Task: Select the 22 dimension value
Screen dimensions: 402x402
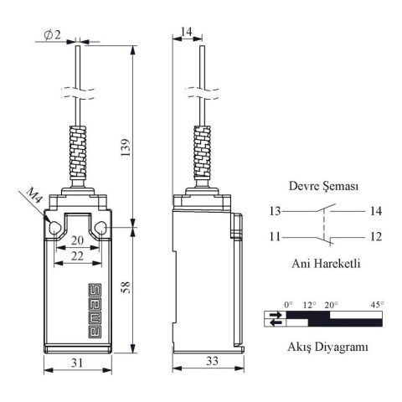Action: [x=78, y=255]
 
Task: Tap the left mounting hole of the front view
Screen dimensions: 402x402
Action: [x=54, y=228]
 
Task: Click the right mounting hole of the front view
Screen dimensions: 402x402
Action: [x=102, y=228]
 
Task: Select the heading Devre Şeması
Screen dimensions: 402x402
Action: [x=323, y=188]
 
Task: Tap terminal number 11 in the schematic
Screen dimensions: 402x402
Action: [x=276, y=238]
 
